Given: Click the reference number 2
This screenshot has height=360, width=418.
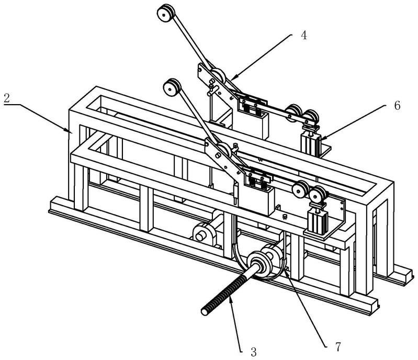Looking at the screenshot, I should pos(6,98).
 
